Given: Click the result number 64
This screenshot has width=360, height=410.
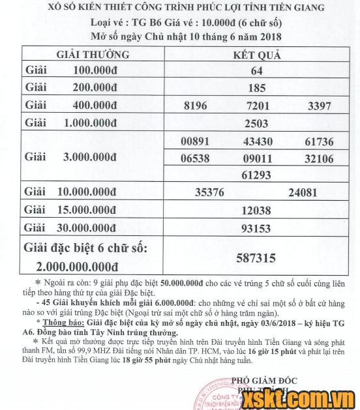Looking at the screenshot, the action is (256, 70).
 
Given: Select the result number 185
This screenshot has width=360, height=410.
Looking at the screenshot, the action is (256, 87).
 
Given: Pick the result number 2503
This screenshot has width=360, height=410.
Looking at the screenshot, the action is (256, 123).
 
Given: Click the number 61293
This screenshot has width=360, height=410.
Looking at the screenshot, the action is (256, 175).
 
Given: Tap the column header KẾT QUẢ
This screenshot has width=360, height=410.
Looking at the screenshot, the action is (256, 55).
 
